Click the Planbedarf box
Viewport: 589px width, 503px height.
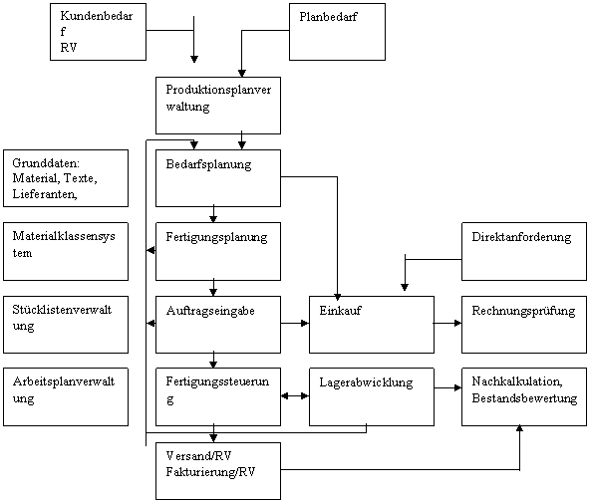click(337, 32)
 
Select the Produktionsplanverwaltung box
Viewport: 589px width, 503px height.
click(218, 106)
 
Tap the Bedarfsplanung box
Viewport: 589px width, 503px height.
click(218, 178)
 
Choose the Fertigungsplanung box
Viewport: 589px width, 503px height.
click(218, 251)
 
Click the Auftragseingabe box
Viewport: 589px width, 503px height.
click(218, 325)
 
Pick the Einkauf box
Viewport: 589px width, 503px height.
click(372, 325)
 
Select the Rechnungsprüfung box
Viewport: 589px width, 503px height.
click(524, 325)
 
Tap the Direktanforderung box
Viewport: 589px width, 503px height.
click(524, 251)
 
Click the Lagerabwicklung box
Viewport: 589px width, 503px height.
click(372, 396)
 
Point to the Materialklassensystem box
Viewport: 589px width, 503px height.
click(66, 251)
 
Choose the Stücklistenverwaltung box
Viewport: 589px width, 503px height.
click(66, 325)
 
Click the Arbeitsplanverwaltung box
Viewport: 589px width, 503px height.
click(66, 396)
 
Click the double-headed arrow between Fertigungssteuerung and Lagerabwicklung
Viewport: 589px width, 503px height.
click(295, 396)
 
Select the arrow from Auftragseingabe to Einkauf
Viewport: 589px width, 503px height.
click(295, 323)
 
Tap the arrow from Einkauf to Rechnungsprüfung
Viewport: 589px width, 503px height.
click(447, 323)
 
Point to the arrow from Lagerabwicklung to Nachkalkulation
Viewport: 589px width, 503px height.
click(447, 387)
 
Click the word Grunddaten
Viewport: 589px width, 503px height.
click(46, 163)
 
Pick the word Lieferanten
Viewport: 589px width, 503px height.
click(45, 193)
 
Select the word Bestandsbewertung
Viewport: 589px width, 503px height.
click(524, 397)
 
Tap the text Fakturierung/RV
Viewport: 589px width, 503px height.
click(210, 471)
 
